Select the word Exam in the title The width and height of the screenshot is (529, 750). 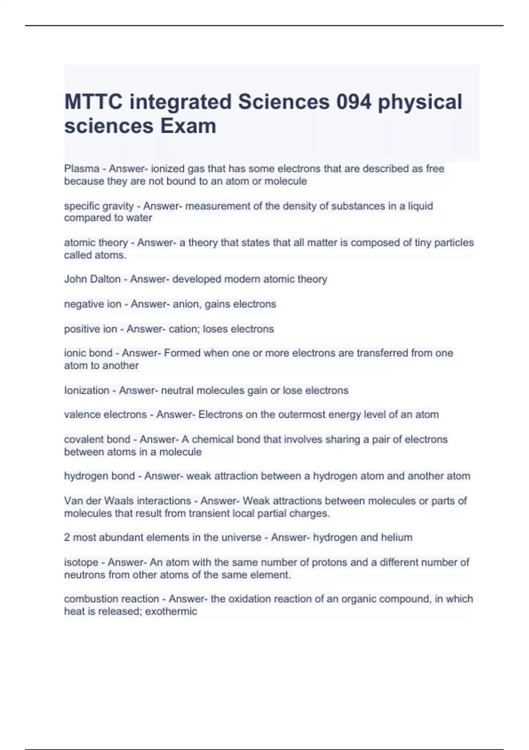188,126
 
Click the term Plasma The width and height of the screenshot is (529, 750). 82,169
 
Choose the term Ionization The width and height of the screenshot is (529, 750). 86,390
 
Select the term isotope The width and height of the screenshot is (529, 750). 81,562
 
